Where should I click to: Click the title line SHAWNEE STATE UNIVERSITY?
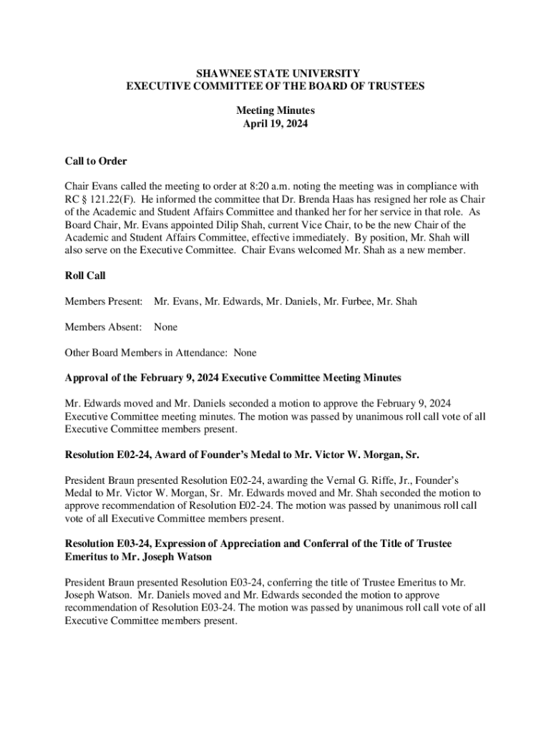tap(275, 73)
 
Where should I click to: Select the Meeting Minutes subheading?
tap(275, 111)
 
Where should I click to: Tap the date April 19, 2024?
tap(275, 124)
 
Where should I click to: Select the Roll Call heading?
tap(85, 275)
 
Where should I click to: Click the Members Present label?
tap(104, 301)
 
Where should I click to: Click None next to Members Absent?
tap(165, 327)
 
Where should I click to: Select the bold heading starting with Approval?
tap(233, 377)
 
